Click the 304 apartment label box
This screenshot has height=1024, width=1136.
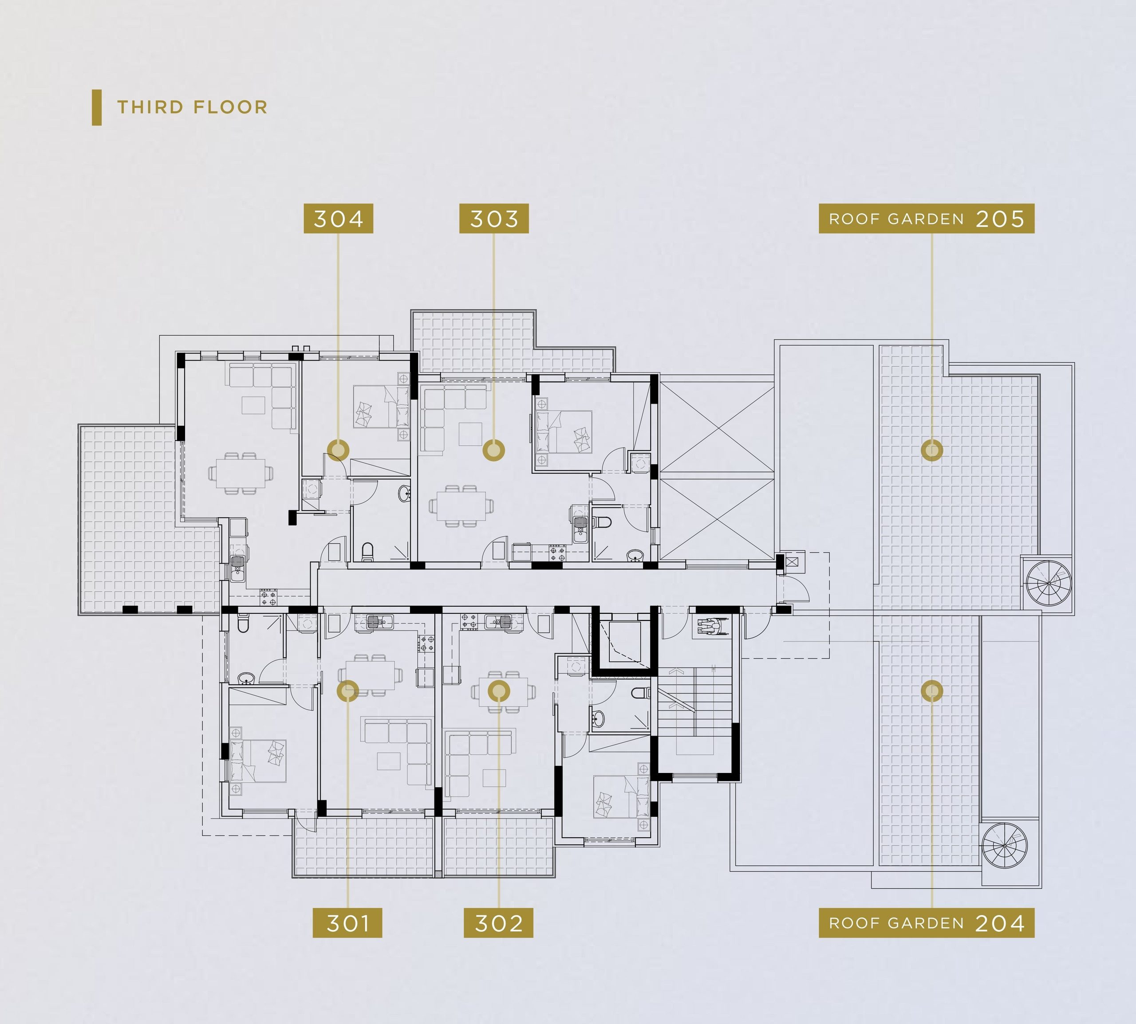338,218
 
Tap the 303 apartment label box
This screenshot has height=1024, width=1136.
494,218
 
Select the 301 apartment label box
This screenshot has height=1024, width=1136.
347,923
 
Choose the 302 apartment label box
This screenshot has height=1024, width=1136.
498,923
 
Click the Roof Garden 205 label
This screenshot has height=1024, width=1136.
927,218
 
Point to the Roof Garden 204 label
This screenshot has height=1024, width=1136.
927,923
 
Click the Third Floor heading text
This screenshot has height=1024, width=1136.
192,107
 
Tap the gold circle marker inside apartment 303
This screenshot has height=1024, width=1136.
494,450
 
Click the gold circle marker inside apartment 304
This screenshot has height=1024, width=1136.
338,450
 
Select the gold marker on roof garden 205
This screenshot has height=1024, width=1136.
932,450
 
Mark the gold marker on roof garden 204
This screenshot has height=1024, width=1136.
932,691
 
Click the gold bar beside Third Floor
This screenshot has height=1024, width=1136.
97,107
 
